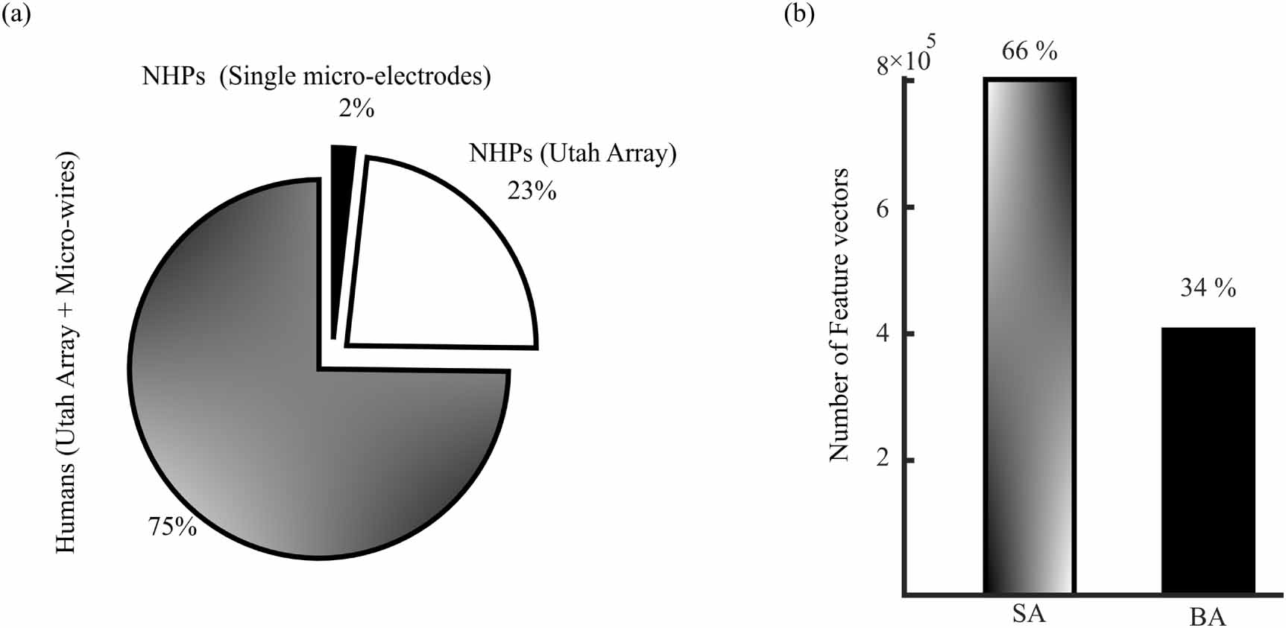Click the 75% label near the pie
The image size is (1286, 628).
point(173,527)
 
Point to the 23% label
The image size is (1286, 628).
point(532,191)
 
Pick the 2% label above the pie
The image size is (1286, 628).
point(356,109)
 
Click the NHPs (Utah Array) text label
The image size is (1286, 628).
point(573,153)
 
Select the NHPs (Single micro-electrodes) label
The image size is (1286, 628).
point(317,76)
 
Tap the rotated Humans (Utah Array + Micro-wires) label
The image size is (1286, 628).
point(67,352)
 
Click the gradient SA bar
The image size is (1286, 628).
point(1029,335)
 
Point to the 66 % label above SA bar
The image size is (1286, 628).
point(1030,51)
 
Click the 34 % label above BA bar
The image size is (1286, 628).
point(1208,288)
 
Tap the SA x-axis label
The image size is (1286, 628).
point(1029,614)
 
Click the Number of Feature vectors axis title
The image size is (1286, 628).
point(839,314)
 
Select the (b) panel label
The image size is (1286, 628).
point(799,14)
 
